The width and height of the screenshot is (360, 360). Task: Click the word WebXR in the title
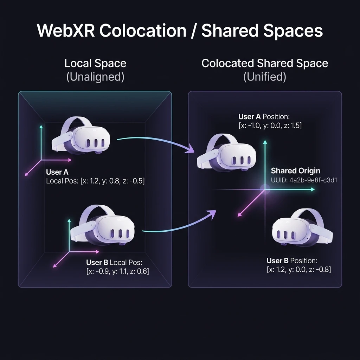66,30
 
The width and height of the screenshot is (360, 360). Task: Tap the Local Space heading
95,63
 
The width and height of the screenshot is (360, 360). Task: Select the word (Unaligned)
95,77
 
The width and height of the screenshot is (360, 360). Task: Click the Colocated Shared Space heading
265,63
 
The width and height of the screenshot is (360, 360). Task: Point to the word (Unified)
265,77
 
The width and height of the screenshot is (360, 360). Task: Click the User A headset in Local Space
81,135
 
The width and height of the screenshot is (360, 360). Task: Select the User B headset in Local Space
102,225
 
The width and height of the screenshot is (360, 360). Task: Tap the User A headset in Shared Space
226,153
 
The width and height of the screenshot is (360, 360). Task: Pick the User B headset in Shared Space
302,227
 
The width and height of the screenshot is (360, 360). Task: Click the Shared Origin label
295,171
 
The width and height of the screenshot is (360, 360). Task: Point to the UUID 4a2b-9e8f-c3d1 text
304,180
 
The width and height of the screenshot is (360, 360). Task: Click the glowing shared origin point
265,189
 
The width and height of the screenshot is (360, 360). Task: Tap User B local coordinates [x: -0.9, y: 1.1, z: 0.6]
117,271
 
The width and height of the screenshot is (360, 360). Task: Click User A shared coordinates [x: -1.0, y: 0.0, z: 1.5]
270,126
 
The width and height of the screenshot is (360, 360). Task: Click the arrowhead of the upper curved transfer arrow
191,149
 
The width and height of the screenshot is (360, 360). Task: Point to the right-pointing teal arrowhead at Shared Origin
313,189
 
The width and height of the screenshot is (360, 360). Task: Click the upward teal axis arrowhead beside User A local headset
41,127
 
